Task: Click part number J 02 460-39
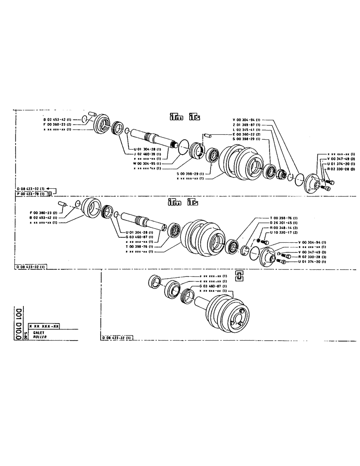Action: [x=146, y=154]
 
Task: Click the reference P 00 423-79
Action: [x=31, y=192]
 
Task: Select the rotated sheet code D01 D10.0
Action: [x=18, y=325]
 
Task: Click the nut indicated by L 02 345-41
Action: [x=281, y=175]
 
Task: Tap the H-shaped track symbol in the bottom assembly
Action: [x=240, y=277]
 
